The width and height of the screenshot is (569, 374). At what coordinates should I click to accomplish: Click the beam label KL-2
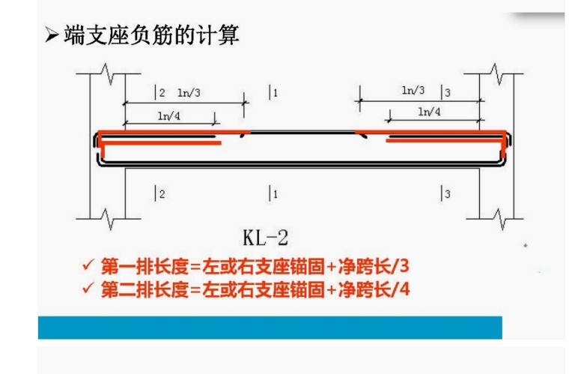(267, 238)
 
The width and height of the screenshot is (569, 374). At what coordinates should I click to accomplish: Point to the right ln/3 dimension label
(413, 91)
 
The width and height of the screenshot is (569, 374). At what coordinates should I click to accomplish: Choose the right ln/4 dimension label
(429, 112)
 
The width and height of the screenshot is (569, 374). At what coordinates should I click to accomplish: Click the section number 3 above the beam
(447, 93)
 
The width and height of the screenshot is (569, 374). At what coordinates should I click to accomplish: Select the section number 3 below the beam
(447, 194)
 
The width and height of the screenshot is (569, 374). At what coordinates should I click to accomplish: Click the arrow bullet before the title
(51, 36)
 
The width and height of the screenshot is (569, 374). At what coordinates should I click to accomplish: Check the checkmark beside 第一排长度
(88, 266)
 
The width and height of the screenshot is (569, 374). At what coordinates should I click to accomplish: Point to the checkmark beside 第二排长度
(88, 289)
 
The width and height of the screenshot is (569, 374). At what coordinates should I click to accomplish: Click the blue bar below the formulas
(270, 327)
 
